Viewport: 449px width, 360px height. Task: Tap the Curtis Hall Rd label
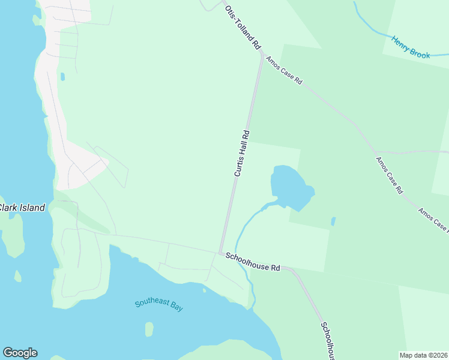click(x=241, y=153)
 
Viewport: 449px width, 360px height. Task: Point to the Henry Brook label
click(x=411, y=47)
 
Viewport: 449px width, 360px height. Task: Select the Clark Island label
click(x=22, y=208)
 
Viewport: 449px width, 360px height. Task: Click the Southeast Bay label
click(x=158, y=305)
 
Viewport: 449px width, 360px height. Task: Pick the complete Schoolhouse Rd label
click(x=253, y=262)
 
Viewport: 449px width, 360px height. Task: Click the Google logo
click(x=20, y=353)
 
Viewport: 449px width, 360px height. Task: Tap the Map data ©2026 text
click(x=424, y=355)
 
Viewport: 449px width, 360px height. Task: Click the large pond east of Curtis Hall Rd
click(x=291, y=185)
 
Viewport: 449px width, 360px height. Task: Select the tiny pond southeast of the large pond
click(x=333, y=221)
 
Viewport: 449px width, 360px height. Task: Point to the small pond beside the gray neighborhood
click(x=62, y=77)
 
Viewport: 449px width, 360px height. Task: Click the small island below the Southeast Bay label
click(x=149, y=329)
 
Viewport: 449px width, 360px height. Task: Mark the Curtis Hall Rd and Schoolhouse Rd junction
click(x=221, y=253)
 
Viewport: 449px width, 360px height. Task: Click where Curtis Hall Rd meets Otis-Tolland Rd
click(x=261, y=55)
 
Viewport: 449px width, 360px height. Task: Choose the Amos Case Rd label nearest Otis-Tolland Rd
click(x=284, y=71)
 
